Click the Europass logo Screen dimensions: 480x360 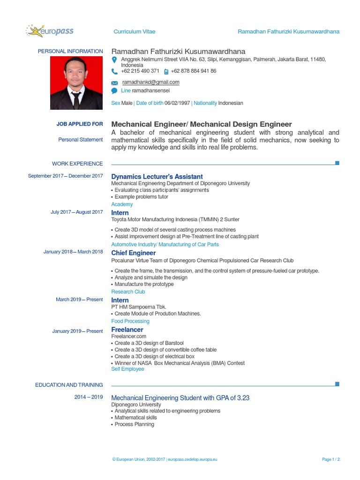[x=50, y=31]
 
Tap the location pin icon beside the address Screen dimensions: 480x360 [x=114, y=60]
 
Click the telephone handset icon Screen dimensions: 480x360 [x=115, y=72]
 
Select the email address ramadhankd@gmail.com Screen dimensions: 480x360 [x=150, y=82]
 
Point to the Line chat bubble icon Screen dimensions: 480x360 [x=114, y=90]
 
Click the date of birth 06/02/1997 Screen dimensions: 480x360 [x=177, y=103]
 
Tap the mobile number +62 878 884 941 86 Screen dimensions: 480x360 [x=194, y=71]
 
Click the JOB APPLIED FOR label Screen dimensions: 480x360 [x=80, y=124]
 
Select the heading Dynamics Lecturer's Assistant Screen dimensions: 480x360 [x=157, y=177]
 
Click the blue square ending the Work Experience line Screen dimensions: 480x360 [x=337, y=163]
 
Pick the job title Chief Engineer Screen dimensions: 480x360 [x=134, y=253]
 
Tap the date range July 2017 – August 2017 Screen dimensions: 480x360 [x=76, y=212]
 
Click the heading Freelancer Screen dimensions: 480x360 [x=127, y=330]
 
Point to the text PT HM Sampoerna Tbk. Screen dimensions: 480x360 [x=139, y=307]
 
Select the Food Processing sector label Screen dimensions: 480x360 [x=130, y=321]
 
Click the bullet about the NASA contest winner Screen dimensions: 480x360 [x=180, y=363]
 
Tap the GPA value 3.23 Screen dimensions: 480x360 [x=243, y=398]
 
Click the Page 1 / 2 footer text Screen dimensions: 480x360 [x=331, y=459]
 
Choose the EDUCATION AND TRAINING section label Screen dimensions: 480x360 [x=69, y=385]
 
